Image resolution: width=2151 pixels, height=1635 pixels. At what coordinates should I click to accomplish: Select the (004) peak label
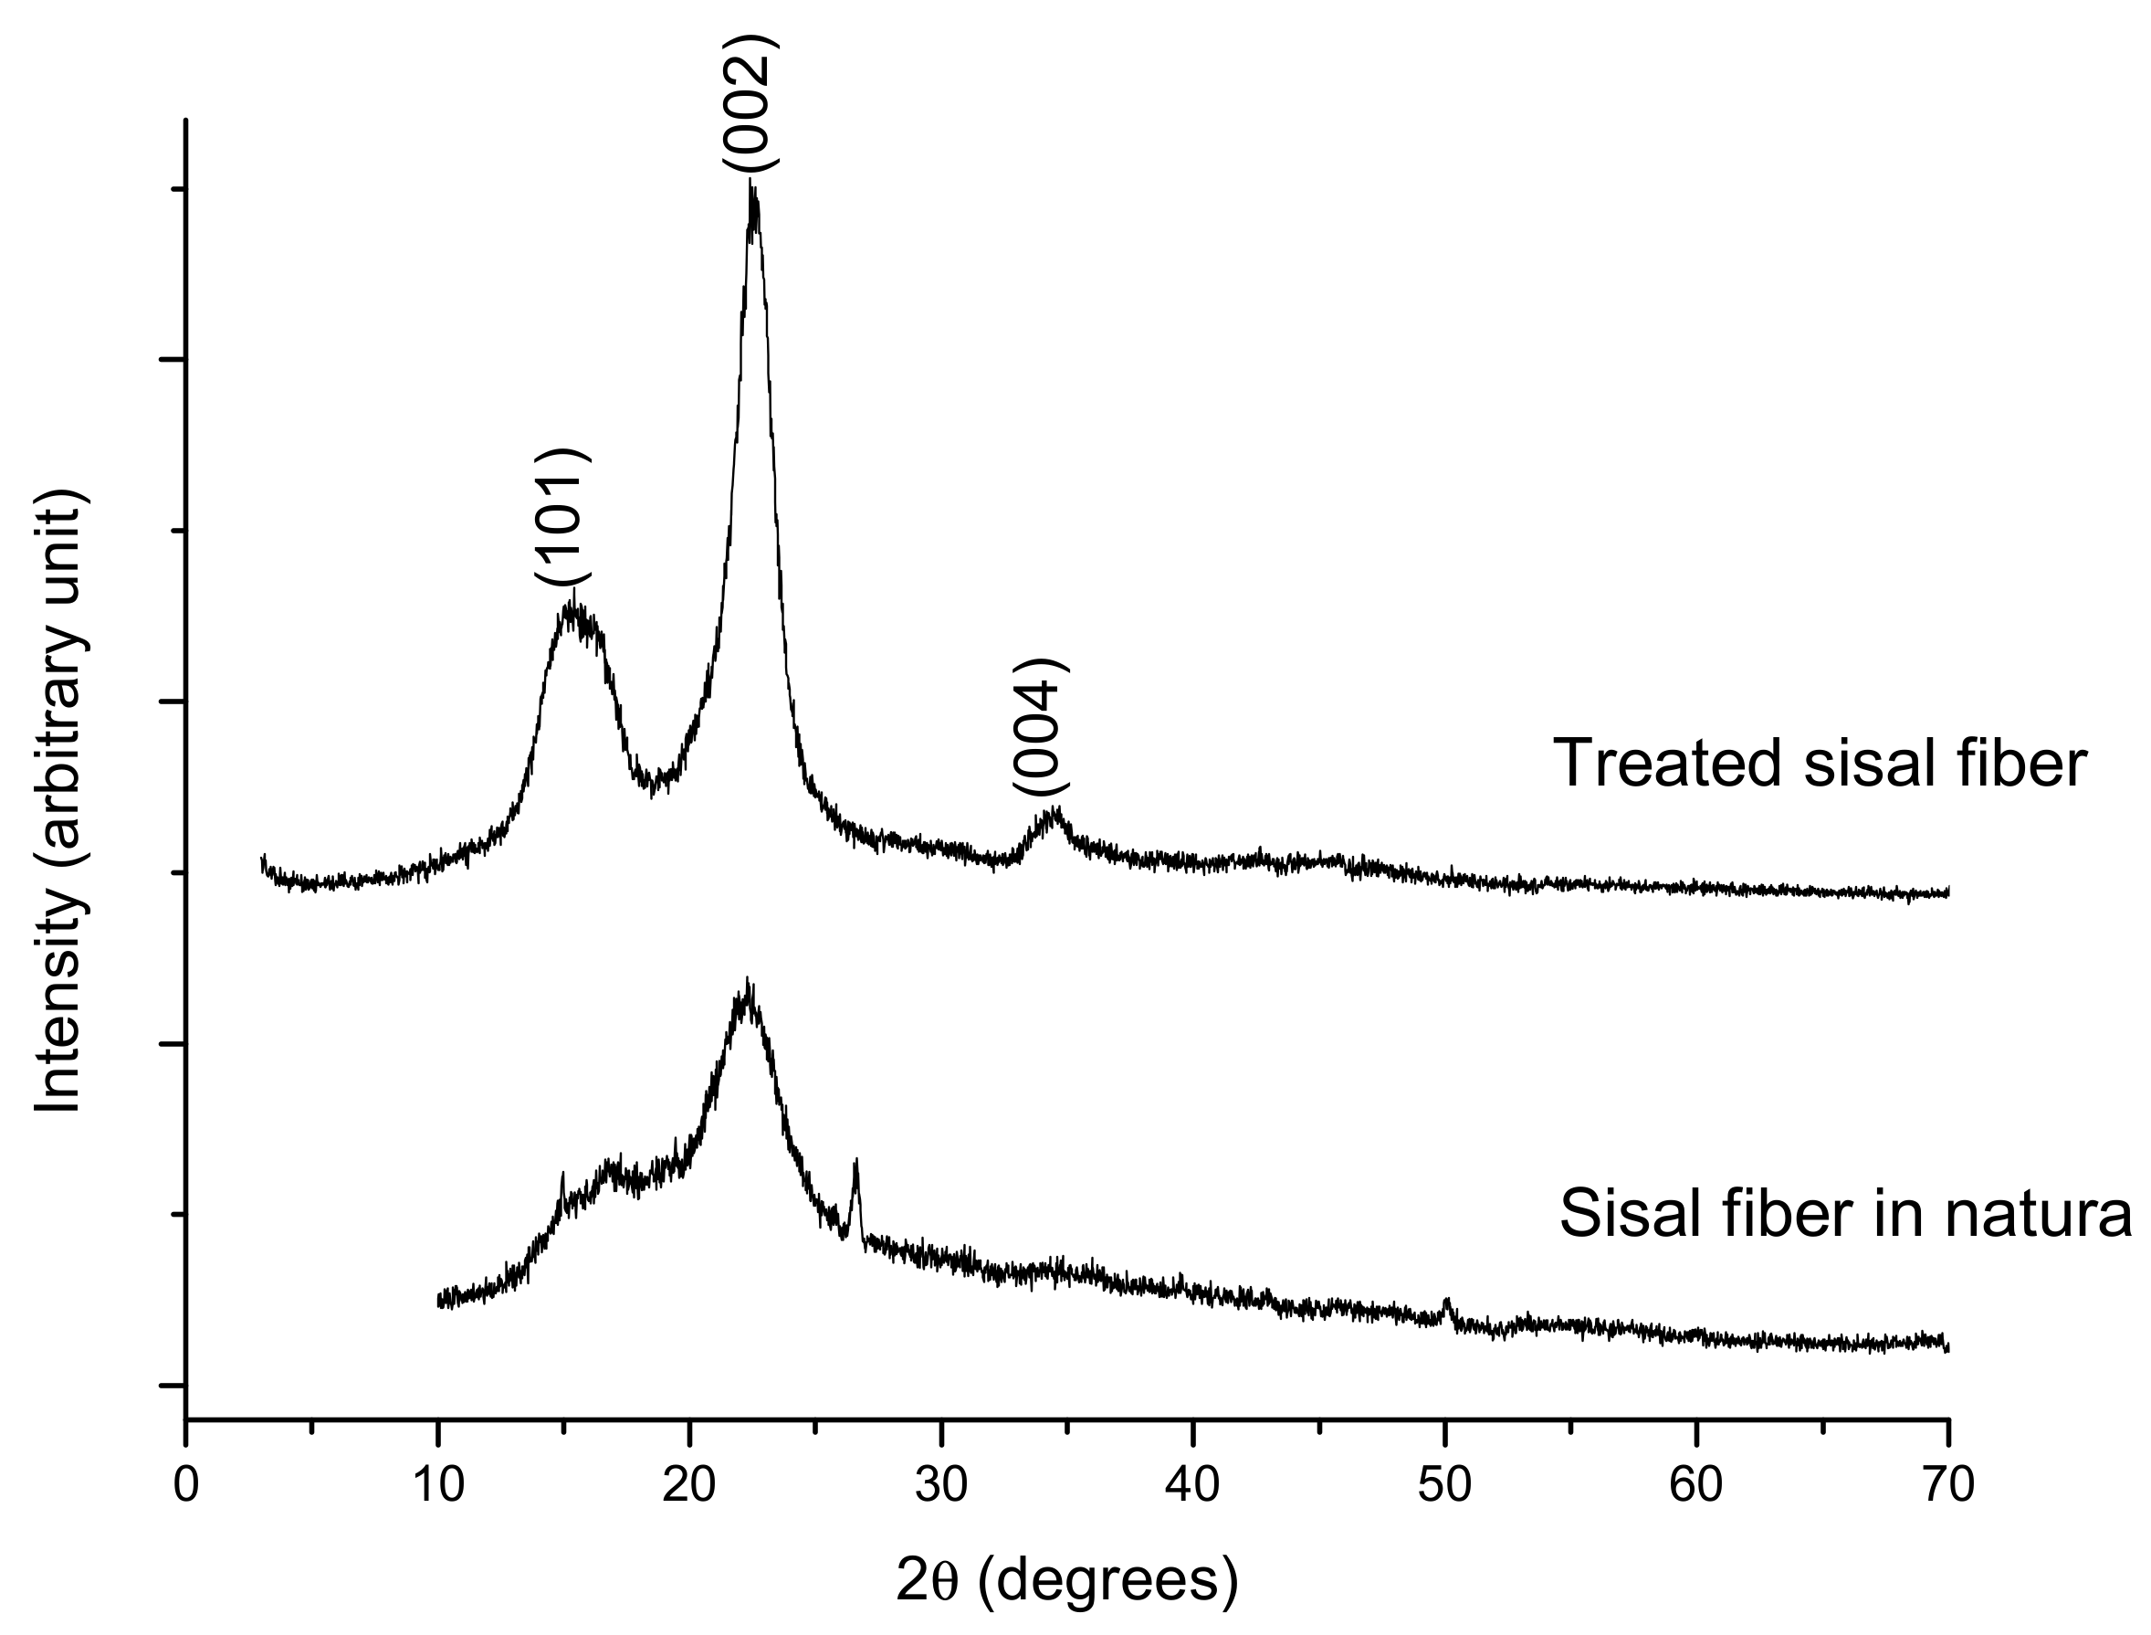[x=1040, y=727]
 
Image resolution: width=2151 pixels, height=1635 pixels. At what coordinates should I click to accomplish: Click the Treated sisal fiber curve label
[x=1820, y=763]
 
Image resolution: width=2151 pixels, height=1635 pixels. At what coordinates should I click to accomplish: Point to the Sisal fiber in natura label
[x=1843, y=1214]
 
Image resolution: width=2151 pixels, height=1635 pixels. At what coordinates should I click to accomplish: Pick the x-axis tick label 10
[x=438, y=1486]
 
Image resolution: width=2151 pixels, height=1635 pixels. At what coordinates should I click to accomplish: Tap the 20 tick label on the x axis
[x=688, y=1486]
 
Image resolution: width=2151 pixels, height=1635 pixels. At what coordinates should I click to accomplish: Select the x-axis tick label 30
[x=940, y=1486]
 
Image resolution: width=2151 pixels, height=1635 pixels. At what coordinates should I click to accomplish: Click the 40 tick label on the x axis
[x=1192, y=1486]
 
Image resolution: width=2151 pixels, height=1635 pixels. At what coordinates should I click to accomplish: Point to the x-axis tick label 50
[x=1444, y=1486]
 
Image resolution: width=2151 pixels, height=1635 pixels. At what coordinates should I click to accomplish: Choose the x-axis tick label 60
[x=1695, y=1486]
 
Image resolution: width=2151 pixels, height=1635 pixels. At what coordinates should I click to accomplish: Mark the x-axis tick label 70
[x=1947, y=1486]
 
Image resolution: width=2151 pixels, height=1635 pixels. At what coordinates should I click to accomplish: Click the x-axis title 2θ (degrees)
[x=1067, y=1581]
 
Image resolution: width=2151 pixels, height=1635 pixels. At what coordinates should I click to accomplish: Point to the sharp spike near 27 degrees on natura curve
[x=855, y=1163]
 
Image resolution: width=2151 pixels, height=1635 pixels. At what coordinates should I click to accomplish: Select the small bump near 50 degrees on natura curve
[x=1447, y=1302]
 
